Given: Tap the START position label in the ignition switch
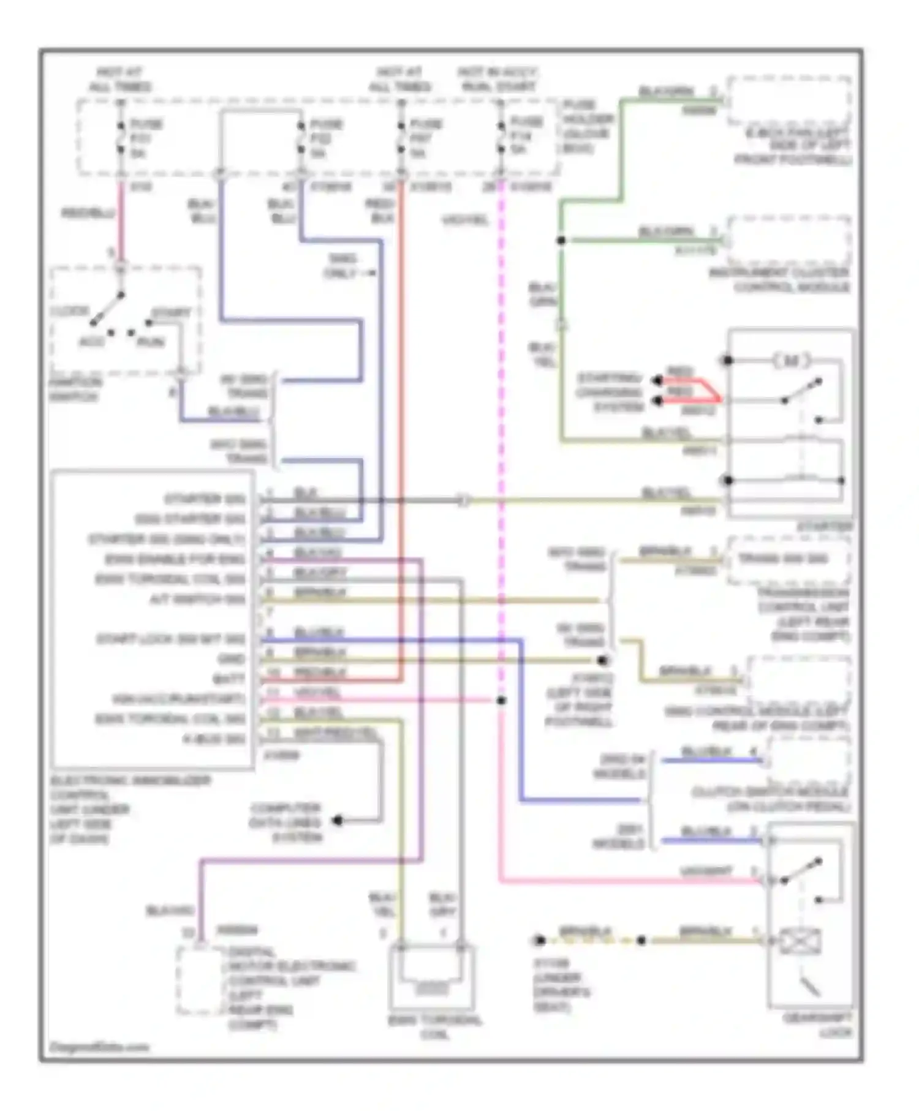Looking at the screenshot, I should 171,313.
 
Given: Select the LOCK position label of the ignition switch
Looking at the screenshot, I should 69,311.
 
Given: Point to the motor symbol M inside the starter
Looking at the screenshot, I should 791,361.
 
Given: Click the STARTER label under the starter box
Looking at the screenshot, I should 824,527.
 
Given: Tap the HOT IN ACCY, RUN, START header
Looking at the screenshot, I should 497,80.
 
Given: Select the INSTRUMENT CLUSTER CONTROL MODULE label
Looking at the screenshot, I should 779,280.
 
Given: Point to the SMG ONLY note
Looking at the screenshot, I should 342,266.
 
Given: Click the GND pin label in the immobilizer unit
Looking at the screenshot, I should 231,659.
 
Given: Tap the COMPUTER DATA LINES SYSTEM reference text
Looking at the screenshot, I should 286,823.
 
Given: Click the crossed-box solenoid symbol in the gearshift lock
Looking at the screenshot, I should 799,941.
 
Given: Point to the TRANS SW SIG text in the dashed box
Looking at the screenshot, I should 782,559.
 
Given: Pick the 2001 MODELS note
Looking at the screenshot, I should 621,837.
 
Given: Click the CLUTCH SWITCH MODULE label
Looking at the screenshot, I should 770,799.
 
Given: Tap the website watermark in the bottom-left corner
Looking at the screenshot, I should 99,1047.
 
